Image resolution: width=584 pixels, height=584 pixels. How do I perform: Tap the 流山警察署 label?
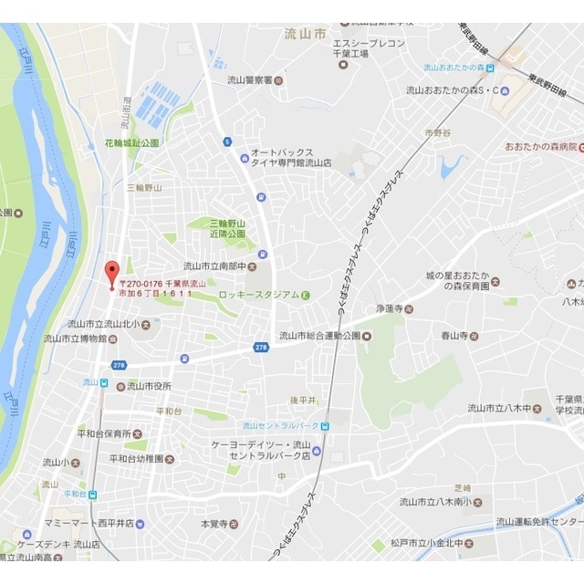click(x=252, y=79)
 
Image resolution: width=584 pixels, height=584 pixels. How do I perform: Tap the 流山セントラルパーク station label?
click(x=279, y=425)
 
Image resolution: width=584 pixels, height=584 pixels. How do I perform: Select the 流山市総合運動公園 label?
click(x=318, y=335)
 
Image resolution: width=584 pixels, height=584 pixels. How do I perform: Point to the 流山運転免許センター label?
click(x=539, y=522)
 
